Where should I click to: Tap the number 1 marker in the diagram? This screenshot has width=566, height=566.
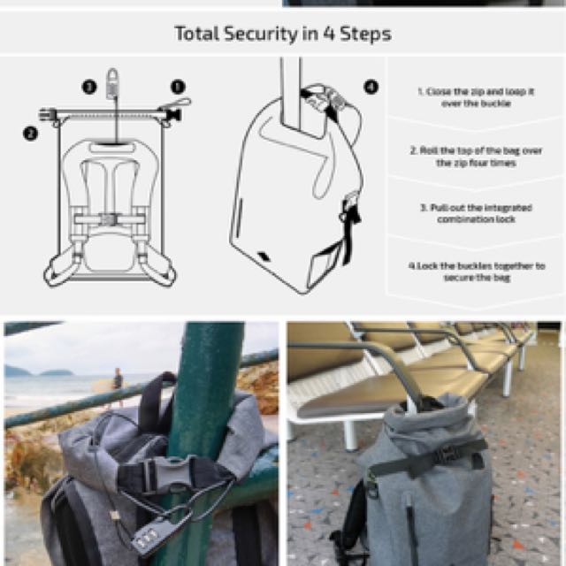click(178, 87)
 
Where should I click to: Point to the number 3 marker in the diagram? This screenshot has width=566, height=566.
click(88, 87)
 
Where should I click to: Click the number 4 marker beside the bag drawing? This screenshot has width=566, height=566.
click(371, 87)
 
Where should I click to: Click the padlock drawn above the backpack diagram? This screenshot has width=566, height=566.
click(112, 85)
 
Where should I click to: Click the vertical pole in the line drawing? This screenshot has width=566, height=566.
click(291, 88)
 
